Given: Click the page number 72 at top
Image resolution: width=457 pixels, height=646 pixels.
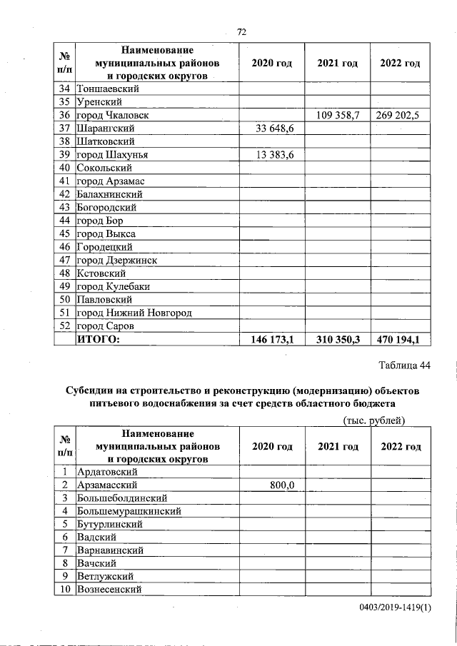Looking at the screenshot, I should tap(241, 32).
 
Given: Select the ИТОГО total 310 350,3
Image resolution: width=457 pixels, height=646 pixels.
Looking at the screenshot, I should tap(337, 340).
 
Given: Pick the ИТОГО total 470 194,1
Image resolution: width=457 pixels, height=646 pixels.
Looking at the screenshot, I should tap(401, 340).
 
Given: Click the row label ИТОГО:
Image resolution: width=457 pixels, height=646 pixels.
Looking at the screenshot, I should tap(99, 340).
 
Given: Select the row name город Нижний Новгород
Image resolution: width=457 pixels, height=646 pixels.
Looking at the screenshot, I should tap(134, 313).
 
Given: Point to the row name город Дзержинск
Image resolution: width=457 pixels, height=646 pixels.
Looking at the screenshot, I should tap(117, 261).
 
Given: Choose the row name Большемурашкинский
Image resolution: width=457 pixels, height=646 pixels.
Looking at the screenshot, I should tap(129, 511).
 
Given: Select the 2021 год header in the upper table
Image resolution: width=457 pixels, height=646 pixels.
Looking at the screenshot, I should tap(337, 64).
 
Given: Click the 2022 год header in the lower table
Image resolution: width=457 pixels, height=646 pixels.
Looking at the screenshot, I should tap(401, 446).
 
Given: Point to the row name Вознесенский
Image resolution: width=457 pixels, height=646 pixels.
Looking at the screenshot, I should tap(109, 589).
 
